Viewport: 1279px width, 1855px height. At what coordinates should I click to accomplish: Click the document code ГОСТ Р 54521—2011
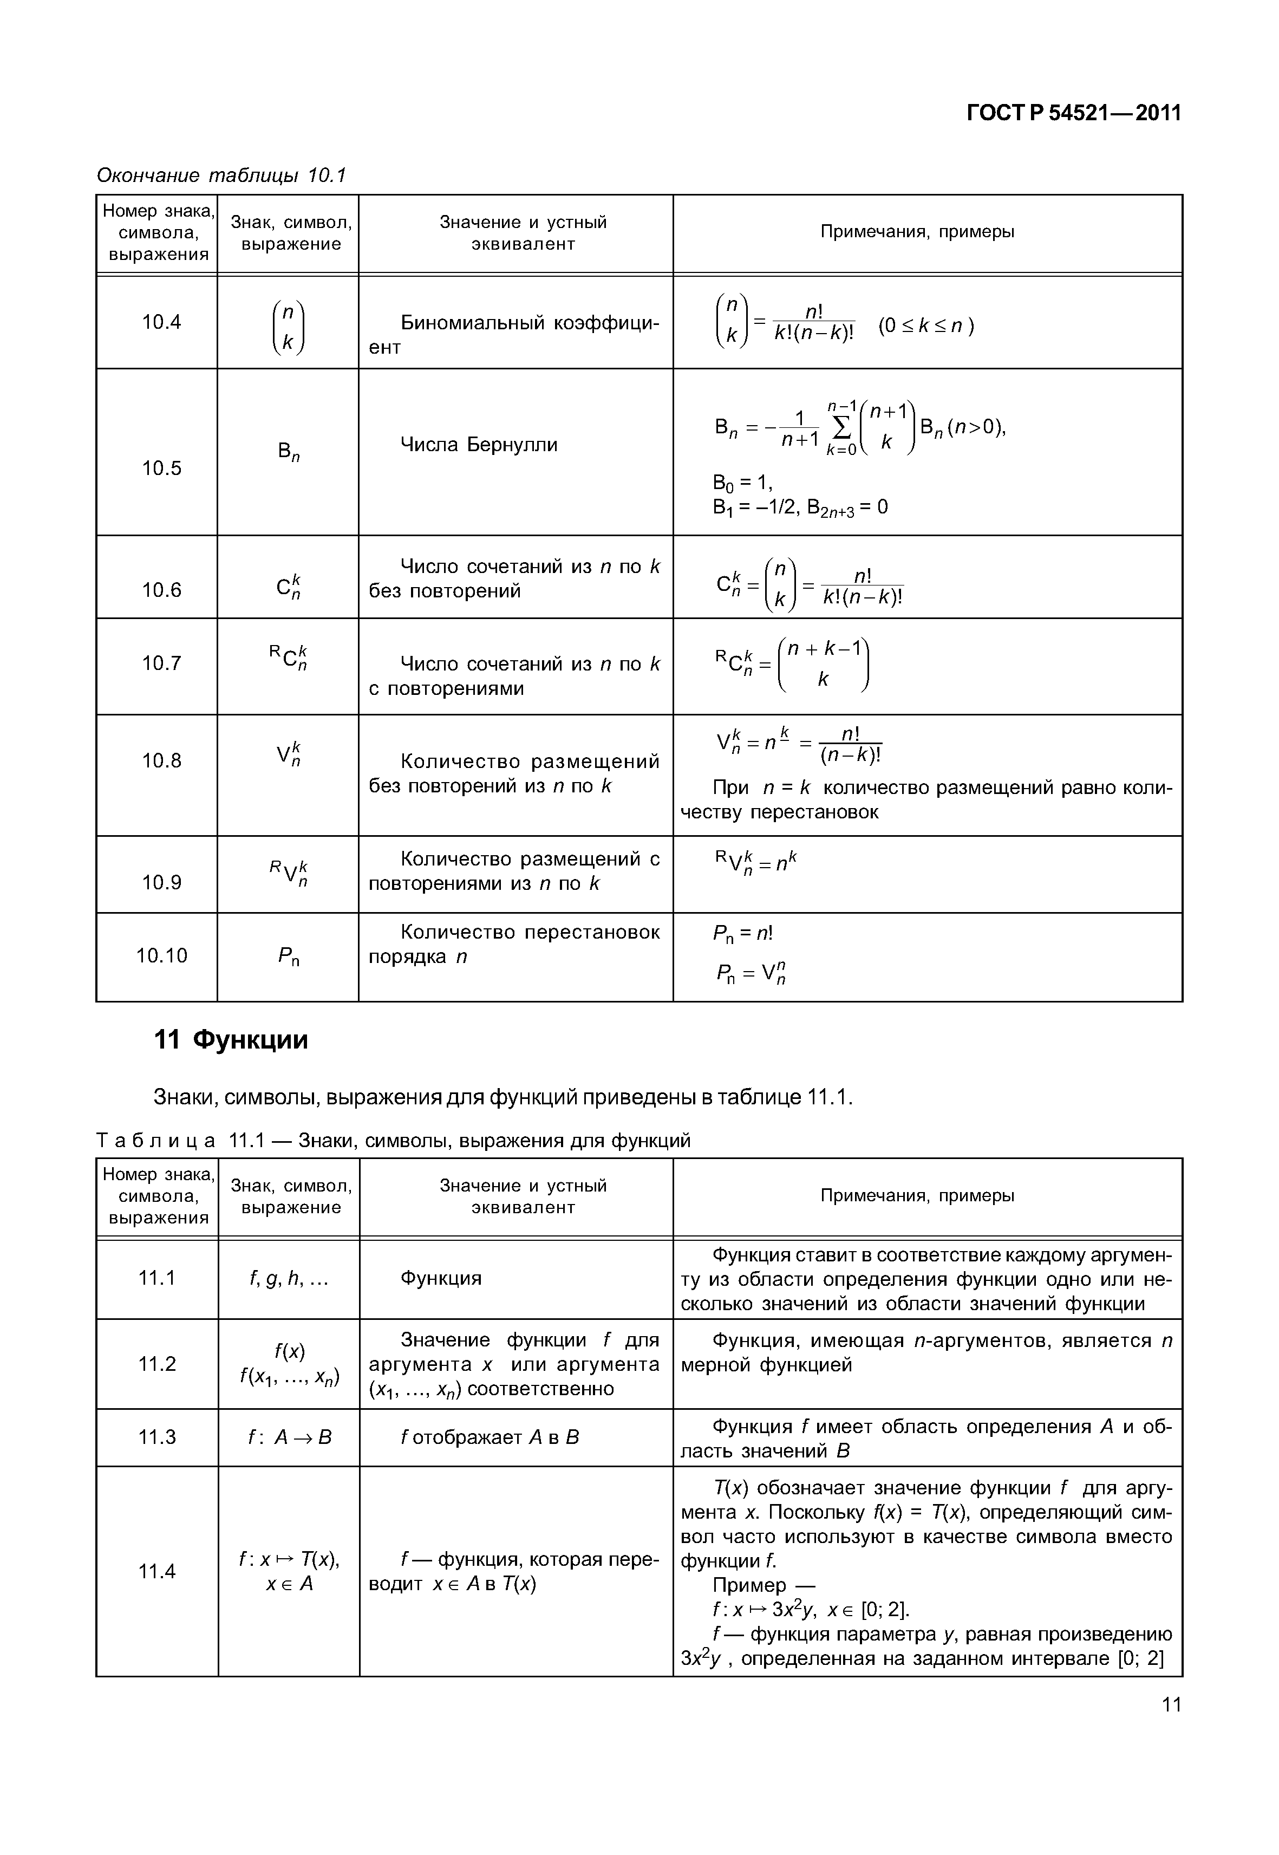(1074, 113)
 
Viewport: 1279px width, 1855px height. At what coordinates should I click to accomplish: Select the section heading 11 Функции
(231, 1040)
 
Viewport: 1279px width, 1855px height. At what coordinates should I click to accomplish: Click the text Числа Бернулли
(479, 445)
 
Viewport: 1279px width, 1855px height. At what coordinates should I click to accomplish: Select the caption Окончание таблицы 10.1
(221, 175)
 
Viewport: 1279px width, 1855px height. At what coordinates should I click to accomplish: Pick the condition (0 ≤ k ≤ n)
(925, 326)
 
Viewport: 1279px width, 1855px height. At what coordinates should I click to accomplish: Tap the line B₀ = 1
(742, 483)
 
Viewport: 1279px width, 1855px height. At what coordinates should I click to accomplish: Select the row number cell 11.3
(157, 1436)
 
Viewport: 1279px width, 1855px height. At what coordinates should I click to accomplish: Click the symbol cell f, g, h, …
(289, 1278)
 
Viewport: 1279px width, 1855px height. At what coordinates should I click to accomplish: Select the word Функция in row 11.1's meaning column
(441, 1278)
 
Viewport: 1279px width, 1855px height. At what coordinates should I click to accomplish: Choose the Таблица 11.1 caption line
(393, 1140)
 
